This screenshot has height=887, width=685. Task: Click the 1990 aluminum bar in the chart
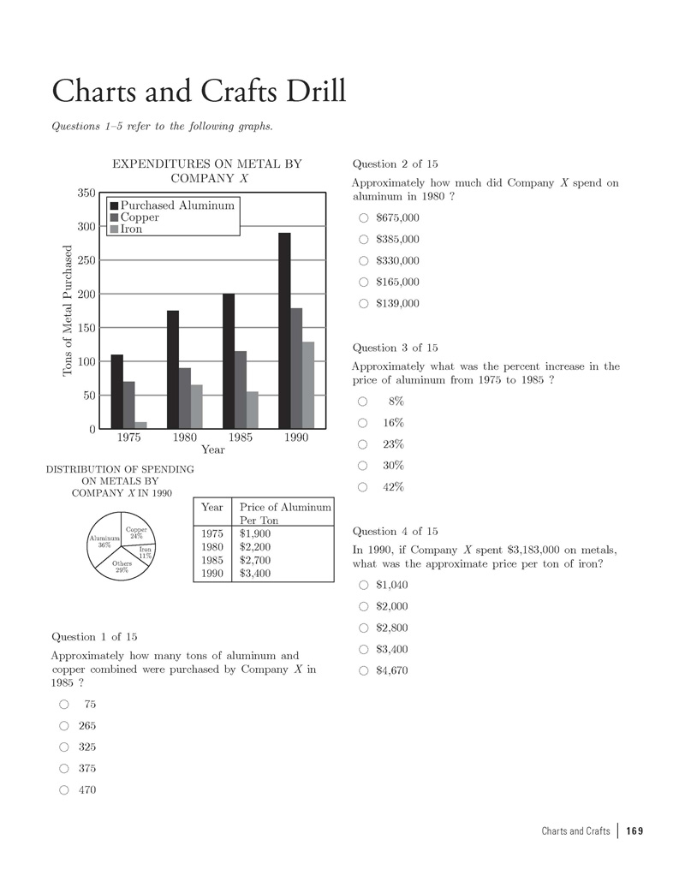pos(284,330)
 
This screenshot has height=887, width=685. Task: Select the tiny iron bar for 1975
pos(140,426)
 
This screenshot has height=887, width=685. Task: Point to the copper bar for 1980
pos(185,398)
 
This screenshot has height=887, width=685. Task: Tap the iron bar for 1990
pos(308,385)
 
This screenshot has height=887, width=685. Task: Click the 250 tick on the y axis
pos(86,260)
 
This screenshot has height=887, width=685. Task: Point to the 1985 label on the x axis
pos(241,438)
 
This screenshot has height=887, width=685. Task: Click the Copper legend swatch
pos(114,217)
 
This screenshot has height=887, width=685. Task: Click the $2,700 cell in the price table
pos(255,560)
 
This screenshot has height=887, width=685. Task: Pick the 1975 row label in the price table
pos(212,533)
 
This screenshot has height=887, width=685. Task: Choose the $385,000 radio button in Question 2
pos(364,239)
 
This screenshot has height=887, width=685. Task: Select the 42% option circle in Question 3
pos(362,487)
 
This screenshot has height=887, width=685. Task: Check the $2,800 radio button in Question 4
pos(364,628)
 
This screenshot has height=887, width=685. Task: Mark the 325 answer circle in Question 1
pos(64,747)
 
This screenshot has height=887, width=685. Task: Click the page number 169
pos(634,831)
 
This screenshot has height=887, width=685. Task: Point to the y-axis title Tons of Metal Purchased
pos(68,311)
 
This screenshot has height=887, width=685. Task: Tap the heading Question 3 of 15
pos(395,348)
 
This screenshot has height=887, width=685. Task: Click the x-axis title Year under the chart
pos(212,449)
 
